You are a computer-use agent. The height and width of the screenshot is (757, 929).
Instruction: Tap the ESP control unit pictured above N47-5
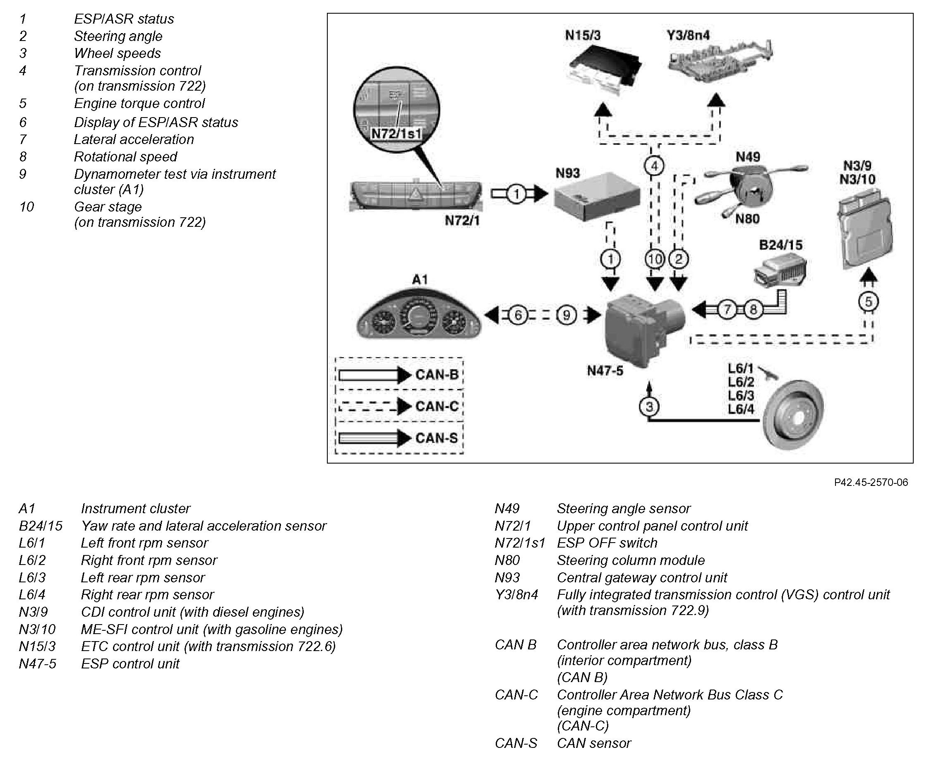(644, 327)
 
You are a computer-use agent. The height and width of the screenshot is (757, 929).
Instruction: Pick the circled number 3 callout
(649, 407)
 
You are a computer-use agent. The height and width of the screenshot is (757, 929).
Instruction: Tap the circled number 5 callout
(868, 302)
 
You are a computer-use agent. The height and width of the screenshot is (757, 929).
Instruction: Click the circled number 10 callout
(654, 260)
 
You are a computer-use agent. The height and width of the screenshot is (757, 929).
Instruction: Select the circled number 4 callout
(654, 166)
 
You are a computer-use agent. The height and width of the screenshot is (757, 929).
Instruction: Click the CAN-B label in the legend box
(437, 375)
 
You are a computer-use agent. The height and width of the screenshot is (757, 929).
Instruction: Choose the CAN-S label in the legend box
(437, 438)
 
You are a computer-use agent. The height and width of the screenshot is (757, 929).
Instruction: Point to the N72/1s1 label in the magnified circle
(396, 133)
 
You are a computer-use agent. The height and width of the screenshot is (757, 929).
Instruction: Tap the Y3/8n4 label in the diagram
(688, 35)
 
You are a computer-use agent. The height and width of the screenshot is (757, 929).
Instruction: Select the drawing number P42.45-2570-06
(871, 482)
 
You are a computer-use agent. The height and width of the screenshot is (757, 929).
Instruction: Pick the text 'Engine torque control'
(139, 103)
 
